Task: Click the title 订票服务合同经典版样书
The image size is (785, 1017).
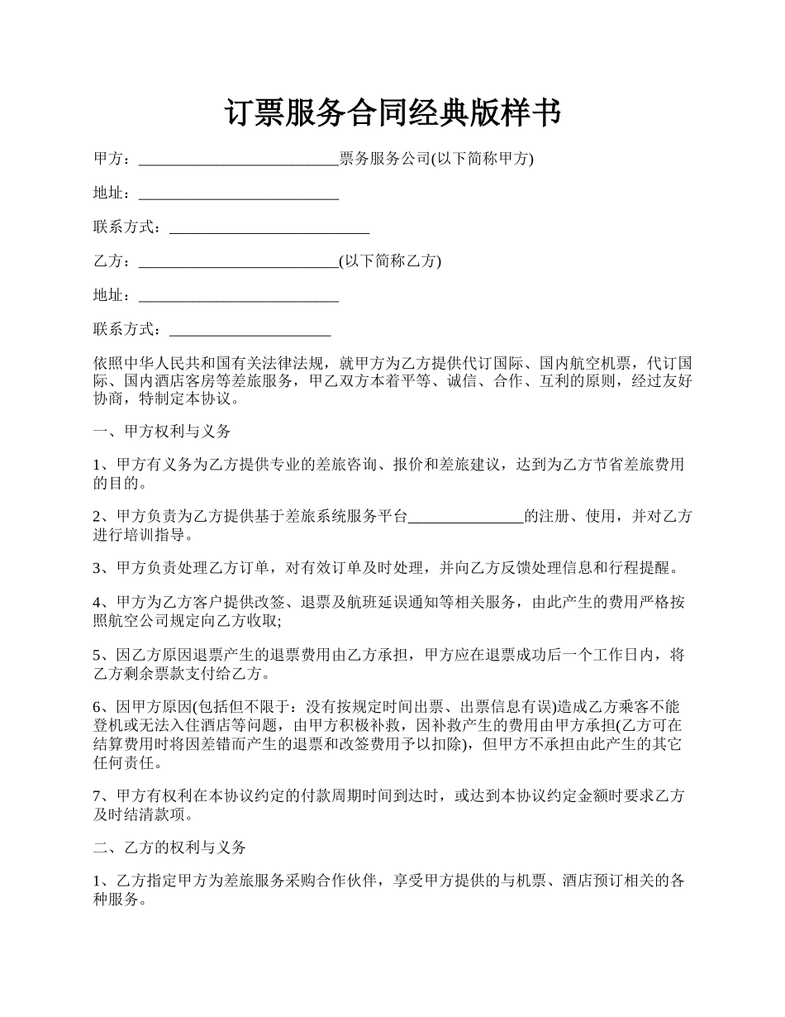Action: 392,113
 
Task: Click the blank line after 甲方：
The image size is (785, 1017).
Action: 239,160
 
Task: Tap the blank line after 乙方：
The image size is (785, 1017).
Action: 239,262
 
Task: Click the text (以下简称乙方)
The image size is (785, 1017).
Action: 390,261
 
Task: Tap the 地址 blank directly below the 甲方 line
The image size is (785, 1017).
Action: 239,194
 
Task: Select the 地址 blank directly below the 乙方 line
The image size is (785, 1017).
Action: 239,296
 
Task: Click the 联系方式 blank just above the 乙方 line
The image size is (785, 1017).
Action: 269,228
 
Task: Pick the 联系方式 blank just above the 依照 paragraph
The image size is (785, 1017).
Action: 250,330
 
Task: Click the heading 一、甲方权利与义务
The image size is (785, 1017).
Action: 162,431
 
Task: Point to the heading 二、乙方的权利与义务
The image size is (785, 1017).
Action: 169,847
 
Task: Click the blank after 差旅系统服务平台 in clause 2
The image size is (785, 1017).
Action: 466,517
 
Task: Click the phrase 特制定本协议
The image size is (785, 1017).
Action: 186,399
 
